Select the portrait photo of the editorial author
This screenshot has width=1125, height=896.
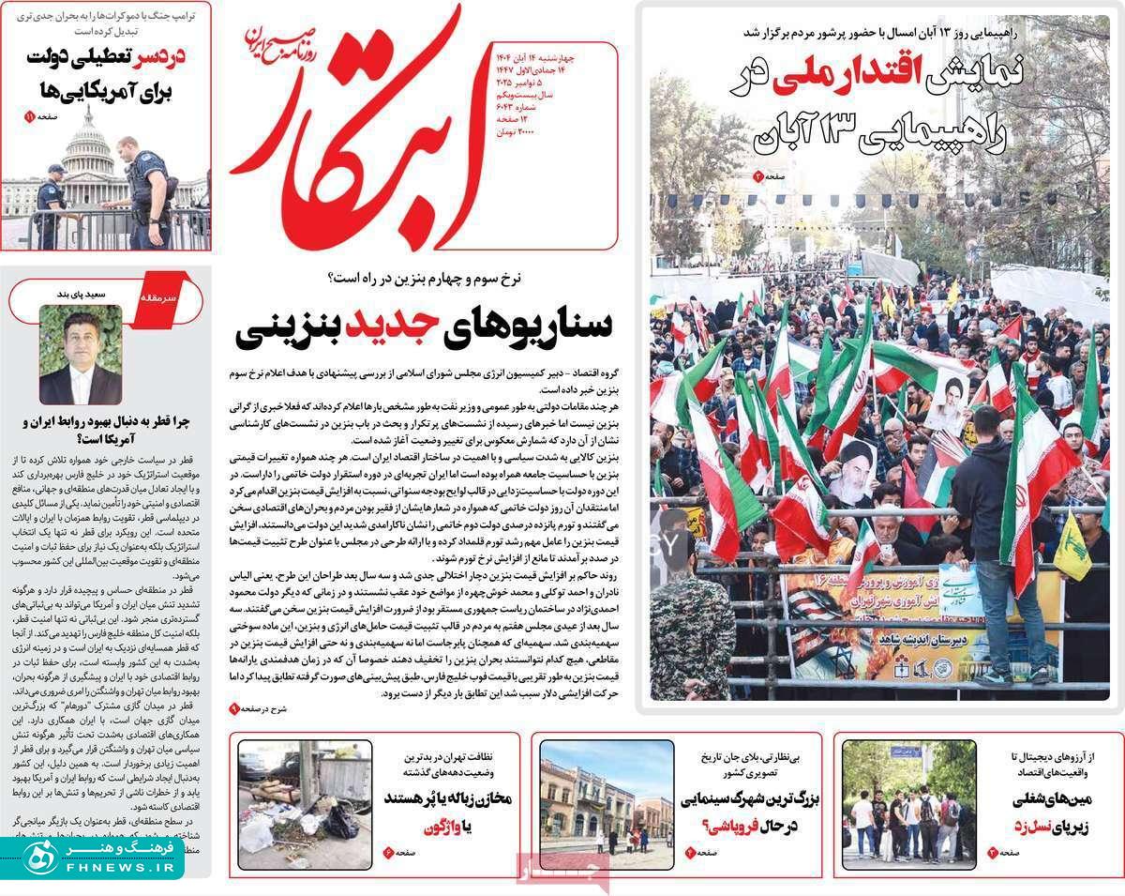coord(80,354)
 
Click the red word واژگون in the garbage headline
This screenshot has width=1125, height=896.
coord(444,828)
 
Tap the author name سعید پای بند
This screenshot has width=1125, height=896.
coord(106,294)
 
